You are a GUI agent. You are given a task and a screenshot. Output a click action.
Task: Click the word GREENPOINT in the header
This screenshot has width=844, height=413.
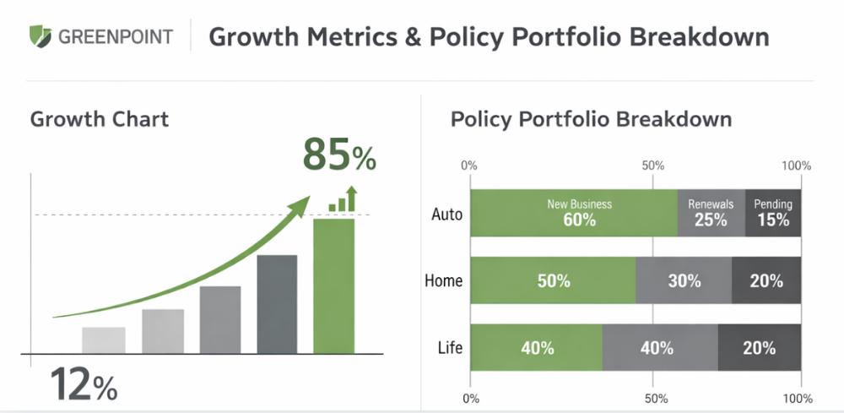coord(115,37)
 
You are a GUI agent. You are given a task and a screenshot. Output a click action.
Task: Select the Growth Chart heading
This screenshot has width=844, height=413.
coord(99,118)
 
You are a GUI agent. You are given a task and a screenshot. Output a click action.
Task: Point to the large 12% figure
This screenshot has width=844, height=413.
coord(83,384)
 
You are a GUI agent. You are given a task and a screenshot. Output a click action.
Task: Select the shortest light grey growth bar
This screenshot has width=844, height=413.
coord(104,340)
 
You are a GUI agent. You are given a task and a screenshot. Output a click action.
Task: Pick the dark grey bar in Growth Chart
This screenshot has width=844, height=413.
coord(277,304)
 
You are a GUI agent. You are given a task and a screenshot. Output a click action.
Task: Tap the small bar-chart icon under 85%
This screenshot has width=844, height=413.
coord(343,200)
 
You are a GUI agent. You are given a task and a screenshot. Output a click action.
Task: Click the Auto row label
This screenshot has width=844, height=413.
coord(446,215)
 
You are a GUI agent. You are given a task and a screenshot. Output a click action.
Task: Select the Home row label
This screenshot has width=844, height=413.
coord(444,280)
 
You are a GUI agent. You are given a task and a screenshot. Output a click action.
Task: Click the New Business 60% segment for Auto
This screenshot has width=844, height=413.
coord(574,213)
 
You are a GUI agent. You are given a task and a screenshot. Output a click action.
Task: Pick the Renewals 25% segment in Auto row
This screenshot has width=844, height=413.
coord(711,213)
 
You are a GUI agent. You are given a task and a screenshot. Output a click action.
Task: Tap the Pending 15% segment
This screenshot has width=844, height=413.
coord(773,213)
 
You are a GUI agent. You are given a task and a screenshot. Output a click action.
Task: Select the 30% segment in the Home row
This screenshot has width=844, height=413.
coord(684,280)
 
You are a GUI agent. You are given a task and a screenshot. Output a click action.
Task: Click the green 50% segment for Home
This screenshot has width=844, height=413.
coord(553,280)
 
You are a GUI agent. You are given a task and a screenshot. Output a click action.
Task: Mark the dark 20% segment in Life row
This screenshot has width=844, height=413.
coord(759,347)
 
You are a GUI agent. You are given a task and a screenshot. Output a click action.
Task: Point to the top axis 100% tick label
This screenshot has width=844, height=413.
coord(796,166)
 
